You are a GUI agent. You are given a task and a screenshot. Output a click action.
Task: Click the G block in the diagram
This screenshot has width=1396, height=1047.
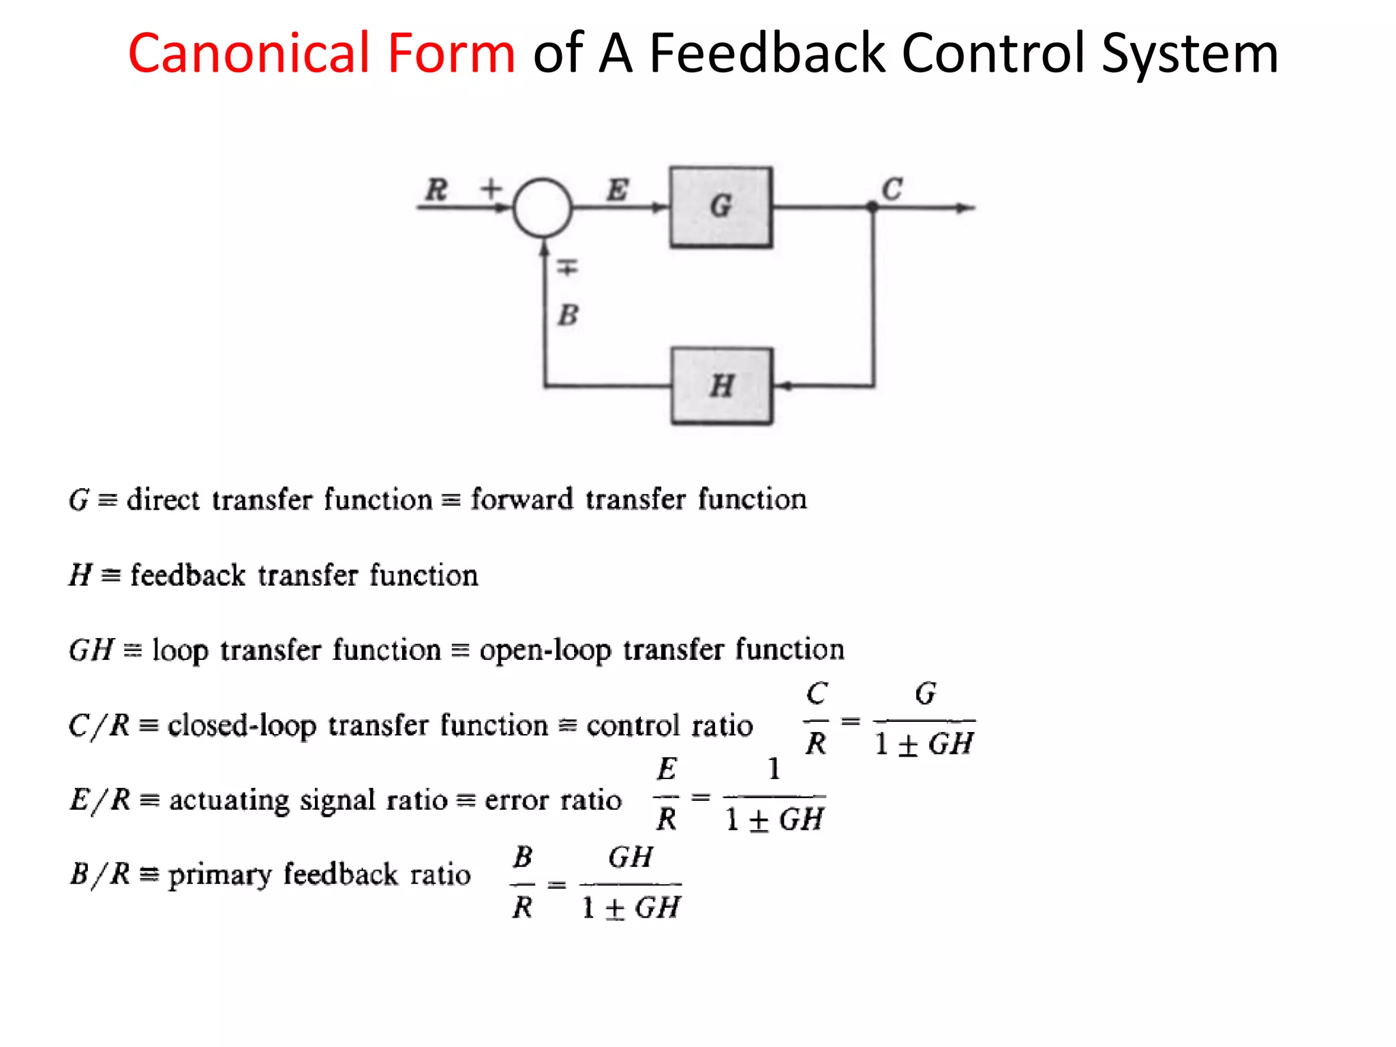(720, 207)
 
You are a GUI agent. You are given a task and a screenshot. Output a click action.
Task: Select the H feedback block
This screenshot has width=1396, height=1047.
(721, 386)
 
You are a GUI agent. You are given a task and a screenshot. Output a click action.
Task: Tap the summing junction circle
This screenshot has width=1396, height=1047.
(543, 208)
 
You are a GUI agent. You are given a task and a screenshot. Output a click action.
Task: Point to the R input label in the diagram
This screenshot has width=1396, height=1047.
(436, 189)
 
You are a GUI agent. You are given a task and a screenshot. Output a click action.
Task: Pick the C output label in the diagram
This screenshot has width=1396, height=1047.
(892, 189)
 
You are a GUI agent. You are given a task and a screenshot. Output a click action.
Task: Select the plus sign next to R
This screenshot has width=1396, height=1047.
(491, 187)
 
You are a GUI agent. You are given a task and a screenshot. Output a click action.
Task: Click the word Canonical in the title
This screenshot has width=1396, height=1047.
(321, 53)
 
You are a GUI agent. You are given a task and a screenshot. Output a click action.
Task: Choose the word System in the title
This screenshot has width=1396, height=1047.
(1189, 53)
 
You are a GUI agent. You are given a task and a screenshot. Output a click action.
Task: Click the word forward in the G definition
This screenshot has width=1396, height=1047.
(521, 499)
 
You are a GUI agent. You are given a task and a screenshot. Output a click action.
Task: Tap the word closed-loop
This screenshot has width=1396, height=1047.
(242, 725)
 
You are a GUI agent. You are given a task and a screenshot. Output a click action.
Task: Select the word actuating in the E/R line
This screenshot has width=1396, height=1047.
(229, 800)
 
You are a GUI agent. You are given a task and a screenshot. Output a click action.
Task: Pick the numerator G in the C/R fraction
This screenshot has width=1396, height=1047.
(925, 694)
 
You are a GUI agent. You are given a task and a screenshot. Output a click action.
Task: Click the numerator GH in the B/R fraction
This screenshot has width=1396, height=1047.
(631, 857)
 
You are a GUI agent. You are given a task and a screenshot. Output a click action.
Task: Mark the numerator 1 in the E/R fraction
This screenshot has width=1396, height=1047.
(774, 769)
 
